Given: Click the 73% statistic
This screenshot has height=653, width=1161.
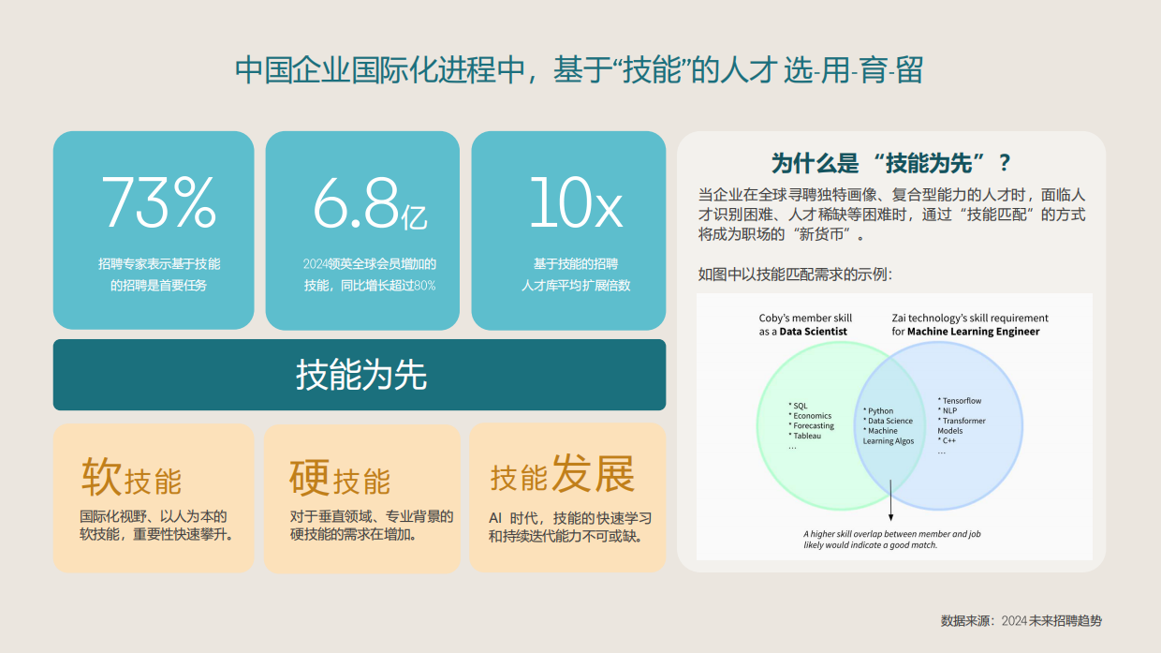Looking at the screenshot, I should click(x=158, y=201).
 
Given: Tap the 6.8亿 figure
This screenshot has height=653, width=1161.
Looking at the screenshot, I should click(x=370, y=202).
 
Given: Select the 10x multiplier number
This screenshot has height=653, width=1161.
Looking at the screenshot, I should click(x=575, y=201).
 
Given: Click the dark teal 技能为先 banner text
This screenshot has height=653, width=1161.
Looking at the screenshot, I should click(x=360, y=375).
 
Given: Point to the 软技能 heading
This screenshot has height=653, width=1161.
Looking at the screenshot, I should click(x=131, y=478).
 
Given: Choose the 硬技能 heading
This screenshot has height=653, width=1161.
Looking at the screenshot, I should click(x=340, y=478).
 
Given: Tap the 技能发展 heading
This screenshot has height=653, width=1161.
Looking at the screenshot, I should click(x=562, y=475).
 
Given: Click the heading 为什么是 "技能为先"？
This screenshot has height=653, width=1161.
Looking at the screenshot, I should click(x=890, y=163).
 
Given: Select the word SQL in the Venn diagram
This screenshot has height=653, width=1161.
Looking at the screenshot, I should click(x=800, y=406).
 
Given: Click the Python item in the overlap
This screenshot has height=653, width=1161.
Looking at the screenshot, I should click(x=880, y=410).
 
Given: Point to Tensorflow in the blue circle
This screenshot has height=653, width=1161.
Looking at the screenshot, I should click(x=962, y=401).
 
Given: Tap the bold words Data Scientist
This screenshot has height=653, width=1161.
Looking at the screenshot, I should click(x=813, y=332).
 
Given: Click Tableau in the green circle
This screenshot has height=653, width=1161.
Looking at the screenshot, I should click(x=807, y=436).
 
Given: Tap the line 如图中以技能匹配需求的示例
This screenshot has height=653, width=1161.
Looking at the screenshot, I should click(x=795, y=275).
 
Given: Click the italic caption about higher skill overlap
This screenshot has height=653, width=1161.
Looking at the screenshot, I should click(x=891, y=539).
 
